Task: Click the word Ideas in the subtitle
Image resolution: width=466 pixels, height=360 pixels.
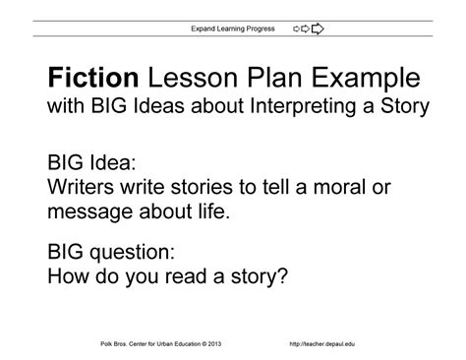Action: (146, 106)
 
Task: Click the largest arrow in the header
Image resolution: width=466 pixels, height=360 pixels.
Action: (317, 29)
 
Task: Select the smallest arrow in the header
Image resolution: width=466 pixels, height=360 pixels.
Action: (297, 29)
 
